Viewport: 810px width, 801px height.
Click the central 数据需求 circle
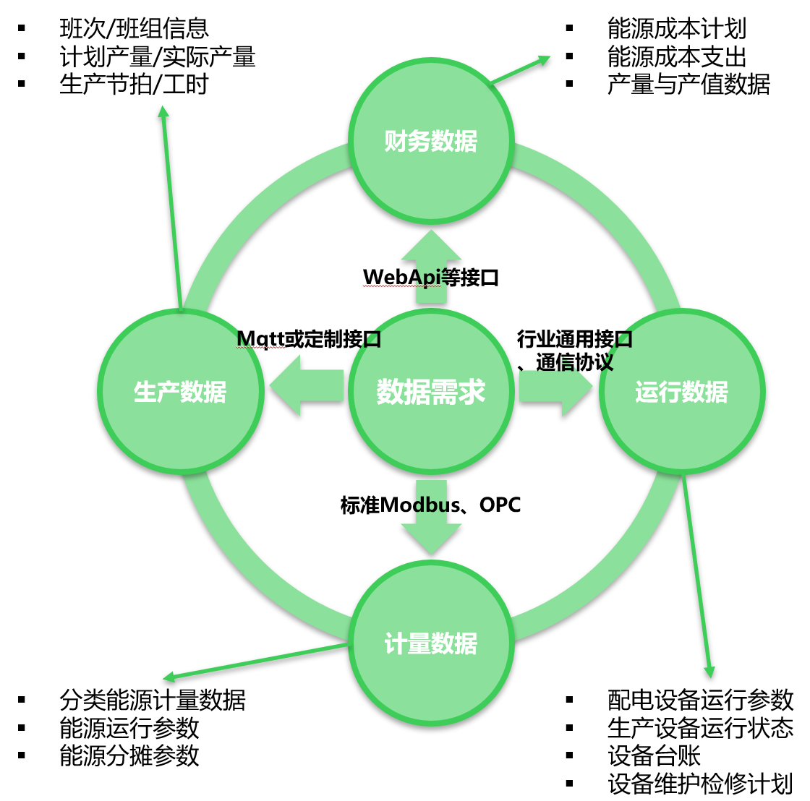431,392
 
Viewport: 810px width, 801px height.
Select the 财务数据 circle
431,141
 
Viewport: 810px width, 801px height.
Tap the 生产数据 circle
180,392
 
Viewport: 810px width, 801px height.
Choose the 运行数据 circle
681,392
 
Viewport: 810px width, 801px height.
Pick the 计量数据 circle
431,643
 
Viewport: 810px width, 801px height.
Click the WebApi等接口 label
431,277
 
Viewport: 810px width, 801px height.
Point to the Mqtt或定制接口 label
309,338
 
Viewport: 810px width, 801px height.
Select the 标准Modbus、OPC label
431,505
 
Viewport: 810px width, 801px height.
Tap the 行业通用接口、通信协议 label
574,350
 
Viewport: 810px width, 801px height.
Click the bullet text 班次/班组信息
134,29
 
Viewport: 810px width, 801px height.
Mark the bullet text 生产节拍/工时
134,84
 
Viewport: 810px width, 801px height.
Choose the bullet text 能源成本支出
677,56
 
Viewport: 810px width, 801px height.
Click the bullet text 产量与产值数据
688,84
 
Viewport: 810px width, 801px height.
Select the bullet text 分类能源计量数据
153,700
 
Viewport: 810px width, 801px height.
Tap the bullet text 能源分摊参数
129,755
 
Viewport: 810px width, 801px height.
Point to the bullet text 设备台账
654,755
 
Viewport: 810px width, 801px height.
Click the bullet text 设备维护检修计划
700,783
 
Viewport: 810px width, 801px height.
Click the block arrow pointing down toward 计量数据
431,524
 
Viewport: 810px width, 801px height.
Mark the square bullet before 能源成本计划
570,29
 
